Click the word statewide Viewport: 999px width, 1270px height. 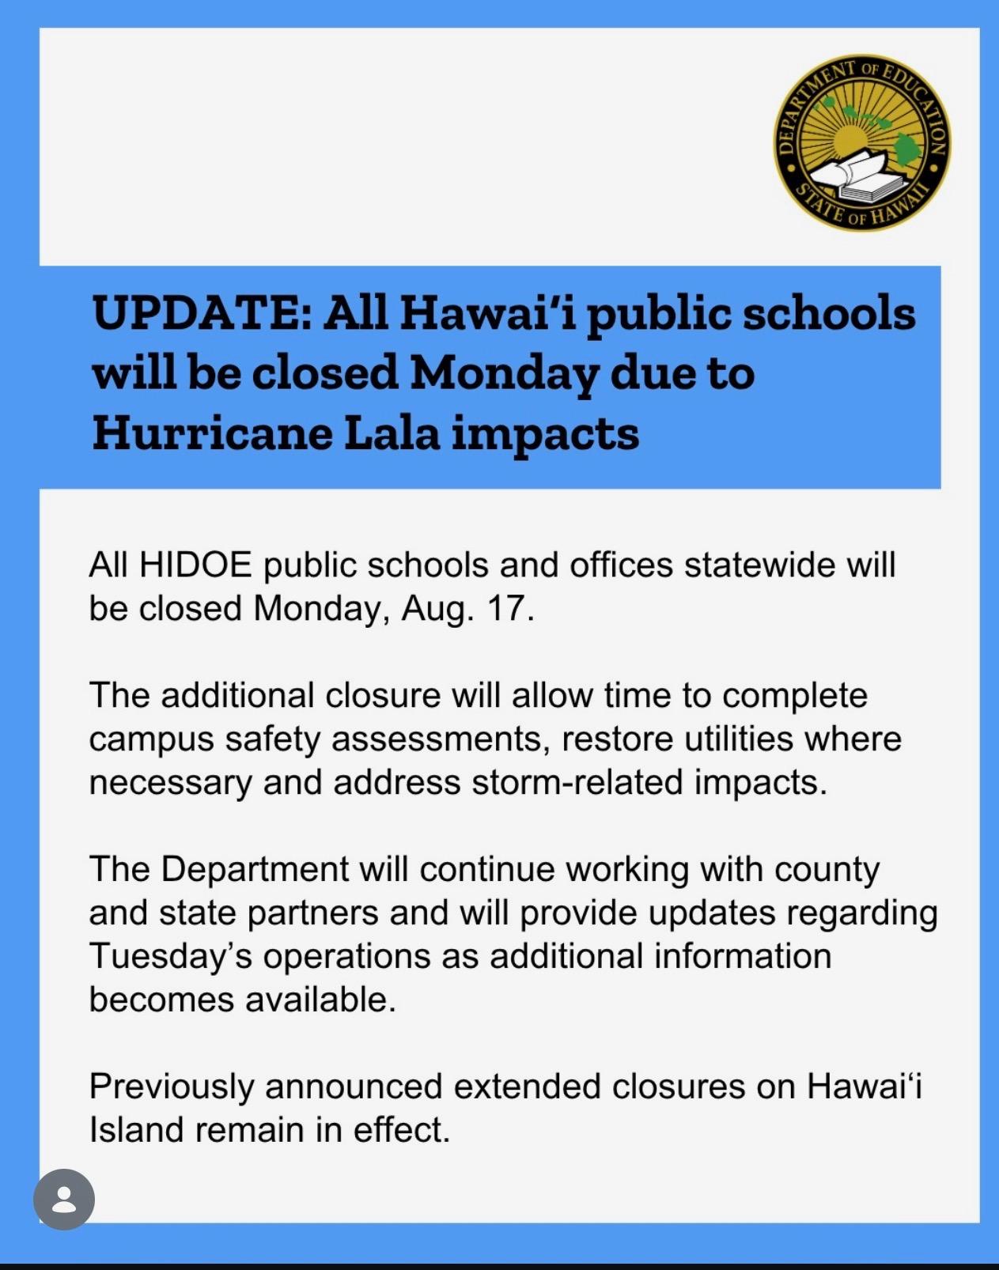[760, 565]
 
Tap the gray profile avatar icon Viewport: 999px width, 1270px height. [64, 1199]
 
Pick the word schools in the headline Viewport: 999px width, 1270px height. [828, 313]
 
